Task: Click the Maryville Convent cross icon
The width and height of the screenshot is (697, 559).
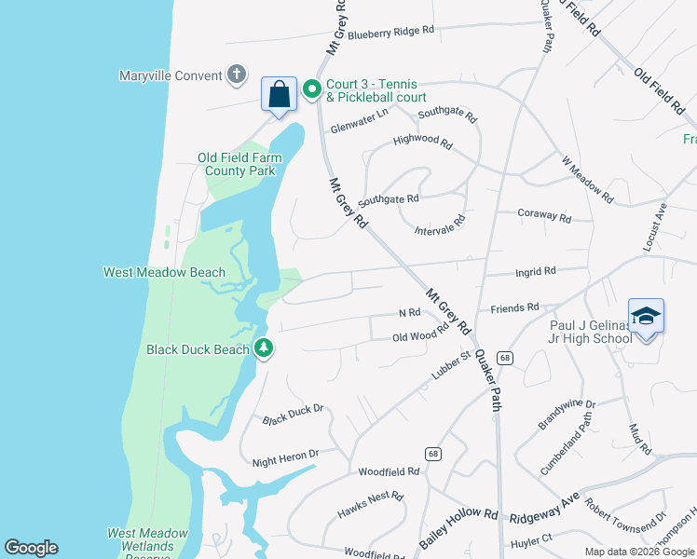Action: [237, 75]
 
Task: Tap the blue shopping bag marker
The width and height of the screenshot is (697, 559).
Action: [279, 94]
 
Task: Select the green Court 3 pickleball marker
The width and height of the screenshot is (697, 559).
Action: [311, 90]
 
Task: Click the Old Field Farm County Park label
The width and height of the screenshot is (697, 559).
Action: [239, 164]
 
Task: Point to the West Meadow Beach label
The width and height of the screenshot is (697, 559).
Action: [164, 272]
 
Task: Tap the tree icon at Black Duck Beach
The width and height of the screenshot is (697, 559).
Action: [265, 348]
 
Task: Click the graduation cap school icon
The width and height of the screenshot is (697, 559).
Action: [646, 317]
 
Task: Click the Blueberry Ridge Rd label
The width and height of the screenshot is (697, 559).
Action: [391, 31]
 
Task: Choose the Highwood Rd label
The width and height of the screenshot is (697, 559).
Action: [422, 144]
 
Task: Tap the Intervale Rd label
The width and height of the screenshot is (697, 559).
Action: [440, 225]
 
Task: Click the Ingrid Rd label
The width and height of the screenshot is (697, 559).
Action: [536, 272]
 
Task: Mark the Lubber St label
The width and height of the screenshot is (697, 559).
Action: [453, 363]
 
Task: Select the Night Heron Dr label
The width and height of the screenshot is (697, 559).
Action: [286, 457]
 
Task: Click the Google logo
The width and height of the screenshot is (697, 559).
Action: [31, 548]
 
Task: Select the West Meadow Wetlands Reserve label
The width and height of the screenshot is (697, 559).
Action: [147, 540]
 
